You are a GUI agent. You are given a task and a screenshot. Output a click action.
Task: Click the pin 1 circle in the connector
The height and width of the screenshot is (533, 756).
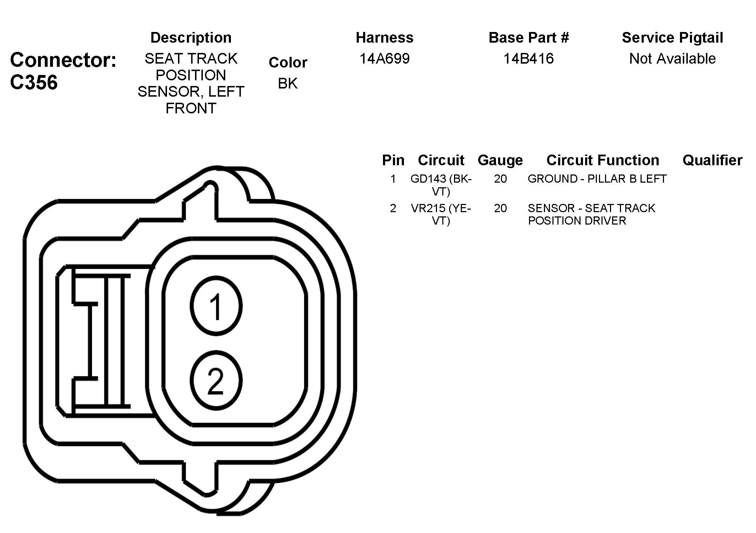click(216, 306)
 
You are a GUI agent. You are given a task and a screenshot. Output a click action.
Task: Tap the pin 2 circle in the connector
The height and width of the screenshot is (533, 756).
click(216, 381)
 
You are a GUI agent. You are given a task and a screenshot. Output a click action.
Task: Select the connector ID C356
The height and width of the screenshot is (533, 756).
click(34, 82)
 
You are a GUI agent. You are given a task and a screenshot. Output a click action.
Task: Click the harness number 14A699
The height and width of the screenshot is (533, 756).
click(384, 59)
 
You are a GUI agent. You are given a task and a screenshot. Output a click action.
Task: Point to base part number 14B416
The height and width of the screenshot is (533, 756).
click(528, 59)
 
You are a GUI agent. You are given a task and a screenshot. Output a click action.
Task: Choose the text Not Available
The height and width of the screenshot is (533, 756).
click(672, 59)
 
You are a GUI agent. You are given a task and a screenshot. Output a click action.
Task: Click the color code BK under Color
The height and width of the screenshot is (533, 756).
click(288, 84)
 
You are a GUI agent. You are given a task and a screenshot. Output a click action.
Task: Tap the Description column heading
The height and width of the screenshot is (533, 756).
click(191, 38)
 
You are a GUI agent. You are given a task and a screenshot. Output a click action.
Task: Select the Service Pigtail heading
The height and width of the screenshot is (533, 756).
click(672, 38)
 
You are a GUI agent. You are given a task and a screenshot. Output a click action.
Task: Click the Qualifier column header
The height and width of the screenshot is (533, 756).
click(712, 160)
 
